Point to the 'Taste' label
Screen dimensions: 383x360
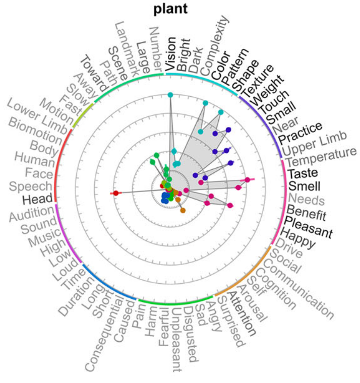click(x=302, y=173)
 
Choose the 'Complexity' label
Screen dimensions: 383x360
click(x=214, y=44)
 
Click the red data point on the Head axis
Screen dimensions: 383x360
click(x=115, y=193)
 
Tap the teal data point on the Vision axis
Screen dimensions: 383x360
click(x=170, y=95)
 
